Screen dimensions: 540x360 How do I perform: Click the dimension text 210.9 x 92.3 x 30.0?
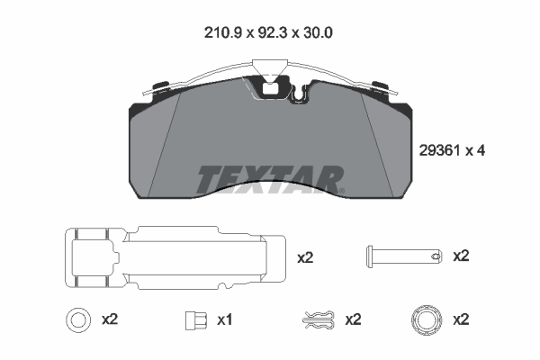tap(268, 33)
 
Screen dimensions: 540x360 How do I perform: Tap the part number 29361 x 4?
tap(452, 150)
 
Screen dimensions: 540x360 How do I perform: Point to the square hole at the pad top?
tap(270, 89)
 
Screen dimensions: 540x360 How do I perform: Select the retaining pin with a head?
tap(404, 256)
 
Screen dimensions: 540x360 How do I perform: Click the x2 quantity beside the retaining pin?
tap(461, 256)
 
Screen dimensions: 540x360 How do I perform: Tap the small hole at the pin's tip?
tap(436, 256)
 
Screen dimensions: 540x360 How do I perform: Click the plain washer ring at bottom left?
tap(78, 311)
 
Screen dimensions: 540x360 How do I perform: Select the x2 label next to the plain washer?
tap(110, 319)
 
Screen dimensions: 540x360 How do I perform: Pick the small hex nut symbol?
tap(196, 320)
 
